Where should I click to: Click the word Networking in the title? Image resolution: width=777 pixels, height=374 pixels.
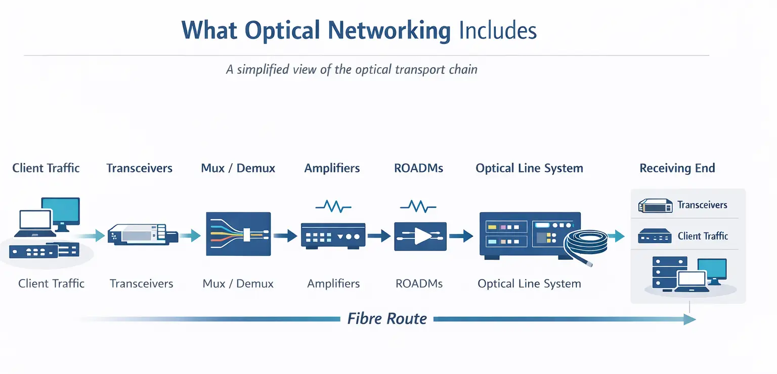(389, 30)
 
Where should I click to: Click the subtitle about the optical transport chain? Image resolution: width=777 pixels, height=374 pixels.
(352, 69)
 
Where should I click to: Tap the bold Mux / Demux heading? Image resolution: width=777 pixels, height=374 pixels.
(238, 168)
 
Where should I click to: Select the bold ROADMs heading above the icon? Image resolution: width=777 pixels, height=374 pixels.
(418, 168)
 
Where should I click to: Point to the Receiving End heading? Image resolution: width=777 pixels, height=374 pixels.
(677, 168)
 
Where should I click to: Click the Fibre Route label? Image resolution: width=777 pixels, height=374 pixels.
(387, 319)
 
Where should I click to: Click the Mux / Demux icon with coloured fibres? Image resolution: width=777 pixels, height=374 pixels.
(238, 233)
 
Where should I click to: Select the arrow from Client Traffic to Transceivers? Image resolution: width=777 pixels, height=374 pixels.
(93, 235)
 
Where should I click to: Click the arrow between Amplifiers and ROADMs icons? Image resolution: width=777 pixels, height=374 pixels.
(379, 236)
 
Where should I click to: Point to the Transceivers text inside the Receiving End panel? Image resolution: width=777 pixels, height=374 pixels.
(702, 205)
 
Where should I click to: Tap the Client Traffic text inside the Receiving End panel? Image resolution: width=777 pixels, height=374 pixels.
(703, 236)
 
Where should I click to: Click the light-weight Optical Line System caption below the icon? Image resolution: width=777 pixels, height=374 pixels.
(529, 284)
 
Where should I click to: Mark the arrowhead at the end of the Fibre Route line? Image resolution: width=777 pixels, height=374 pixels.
(689, 319)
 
